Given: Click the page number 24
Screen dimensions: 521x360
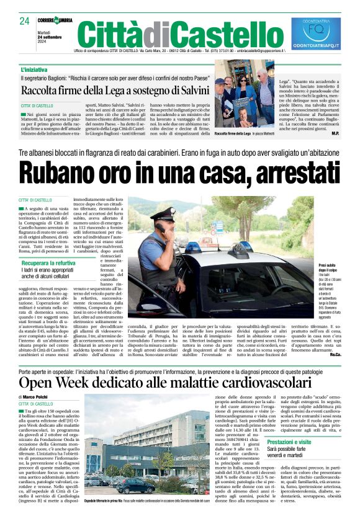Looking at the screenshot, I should pos(25,21).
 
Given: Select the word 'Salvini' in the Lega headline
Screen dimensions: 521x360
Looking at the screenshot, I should pos(189,92).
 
